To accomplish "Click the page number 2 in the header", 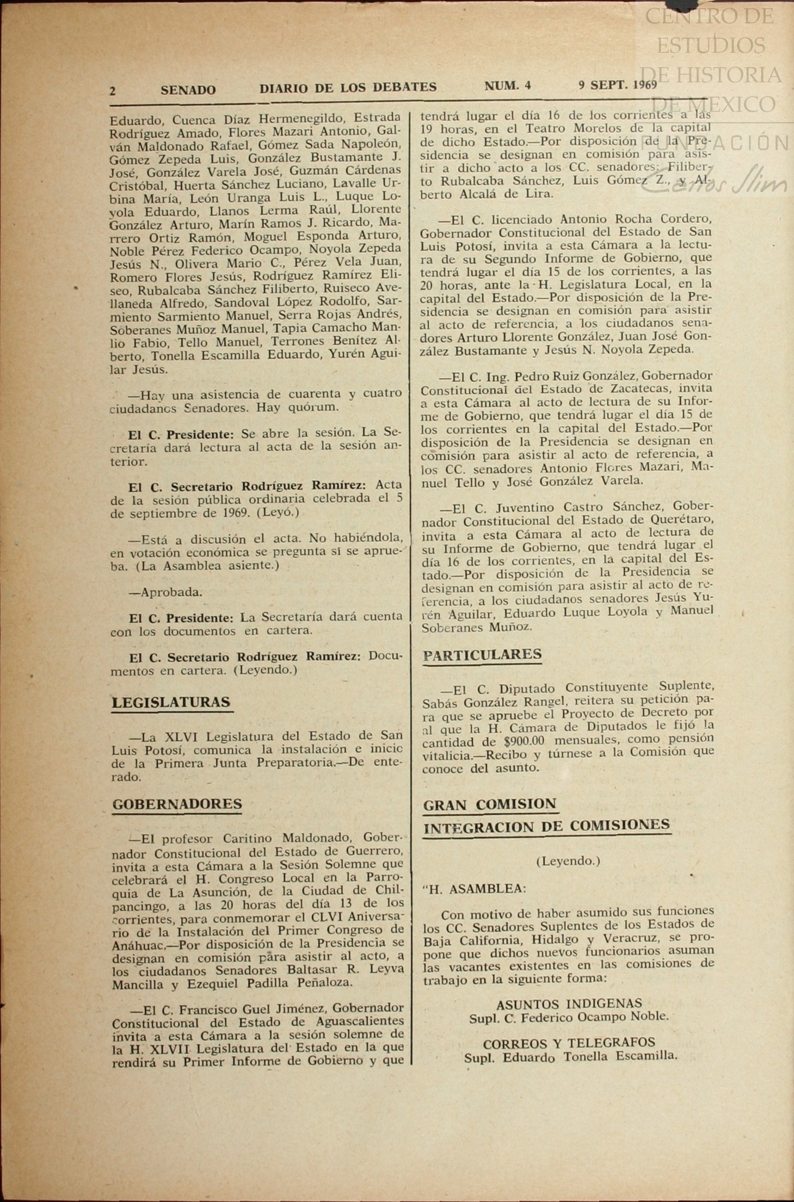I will point(113,91).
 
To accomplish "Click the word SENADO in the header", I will point(188,90).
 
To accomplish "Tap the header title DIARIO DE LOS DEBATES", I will point(348,88).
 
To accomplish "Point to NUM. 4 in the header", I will point(507,85).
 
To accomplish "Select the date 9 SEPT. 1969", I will point(617,85).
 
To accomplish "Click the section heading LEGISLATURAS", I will point(171,702).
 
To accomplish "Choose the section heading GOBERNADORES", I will point(177,804).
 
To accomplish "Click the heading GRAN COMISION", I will point(489,804).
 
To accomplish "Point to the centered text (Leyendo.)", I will point(568,861).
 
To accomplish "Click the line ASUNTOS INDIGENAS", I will point(569,1003).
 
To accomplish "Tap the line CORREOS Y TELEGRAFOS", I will point(569,1043).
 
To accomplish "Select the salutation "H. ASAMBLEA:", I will point(475,889).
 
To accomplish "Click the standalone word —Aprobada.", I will point(165,592).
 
